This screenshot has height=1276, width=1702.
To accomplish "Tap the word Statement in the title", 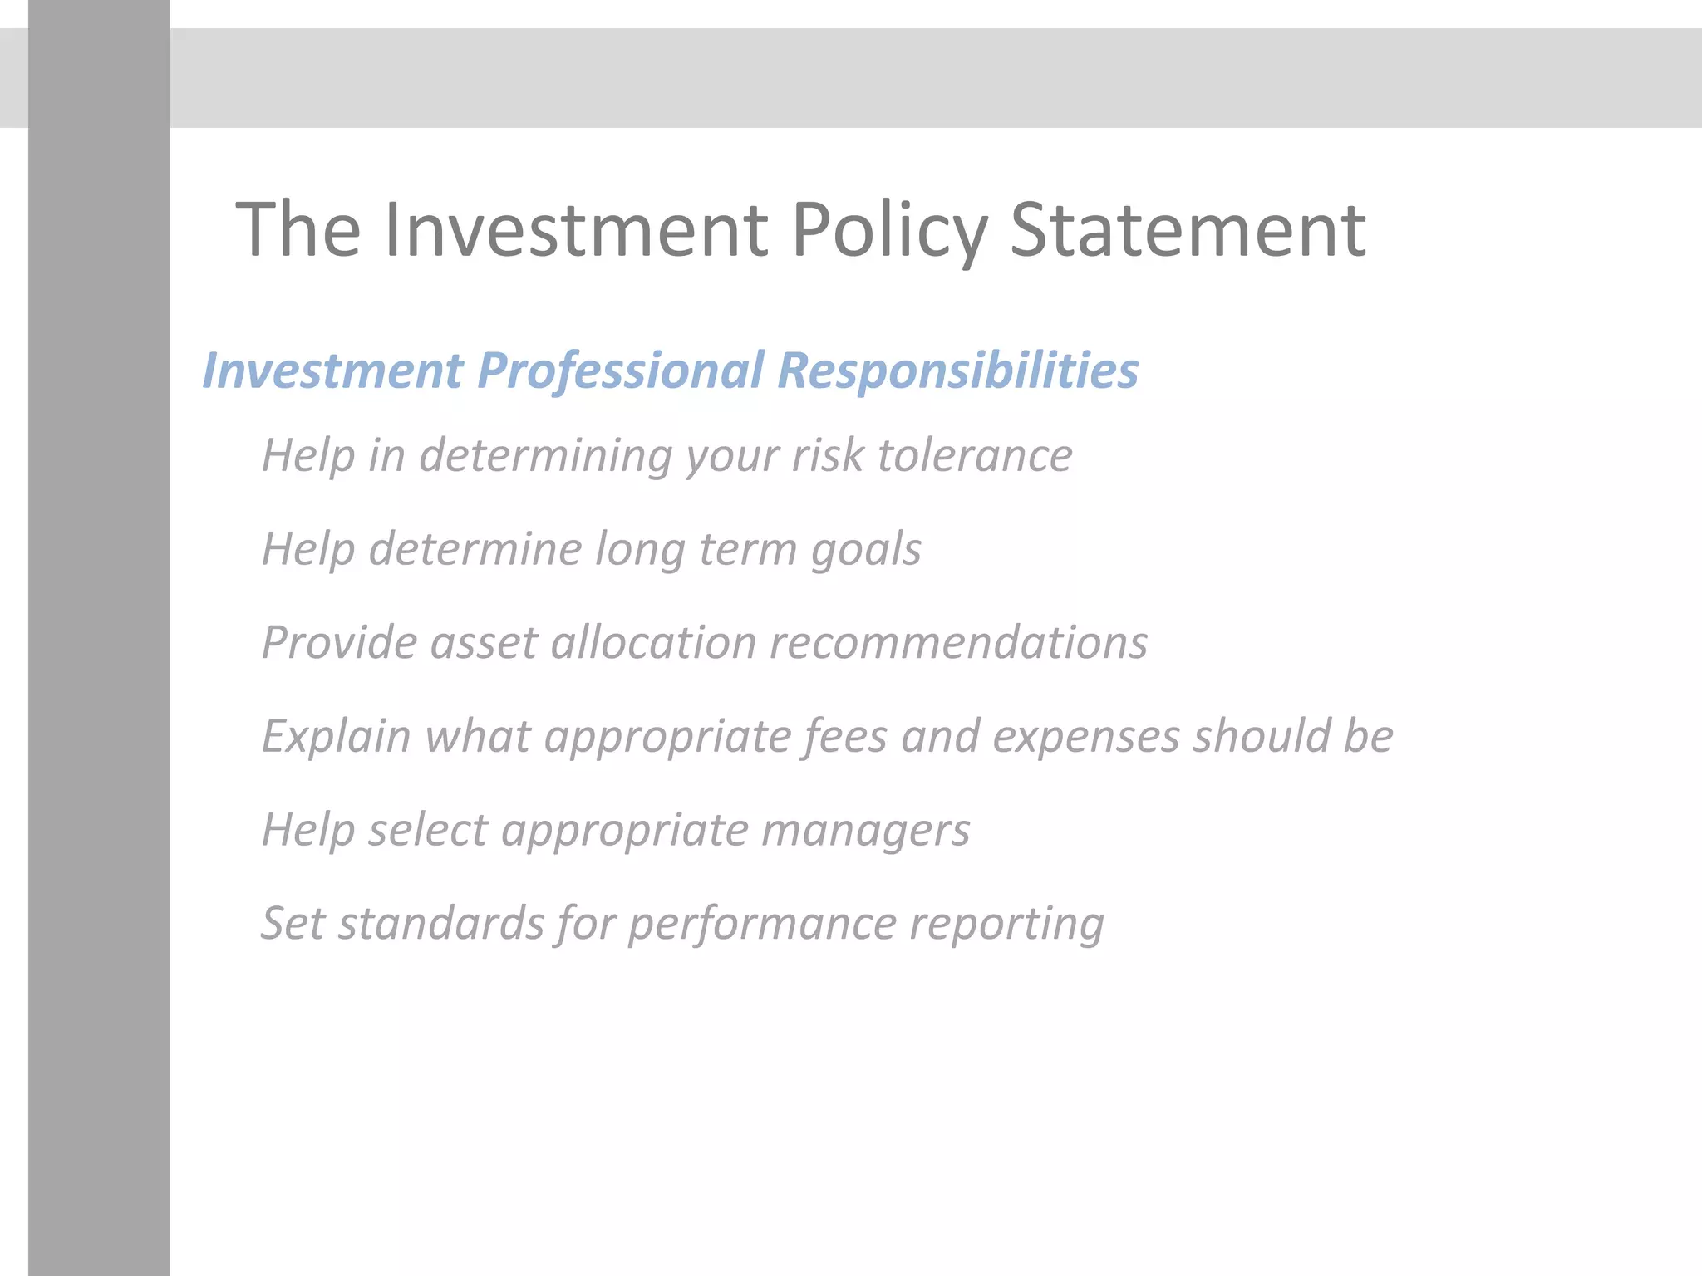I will point(1188,230).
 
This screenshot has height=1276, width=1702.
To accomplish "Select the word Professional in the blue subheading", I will point(620,371).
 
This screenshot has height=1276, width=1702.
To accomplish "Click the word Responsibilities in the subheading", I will point(957,371).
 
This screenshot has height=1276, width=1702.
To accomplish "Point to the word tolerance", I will point(974,456).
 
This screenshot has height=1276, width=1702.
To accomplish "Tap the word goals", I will point(866,550).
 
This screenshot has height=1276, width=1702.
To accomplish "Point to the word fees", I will point(844,737).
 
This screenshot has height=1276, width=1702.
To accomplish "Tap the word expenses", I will point(1086,737).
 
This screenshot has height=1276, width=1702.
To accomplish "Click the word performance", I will point(761,924).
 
